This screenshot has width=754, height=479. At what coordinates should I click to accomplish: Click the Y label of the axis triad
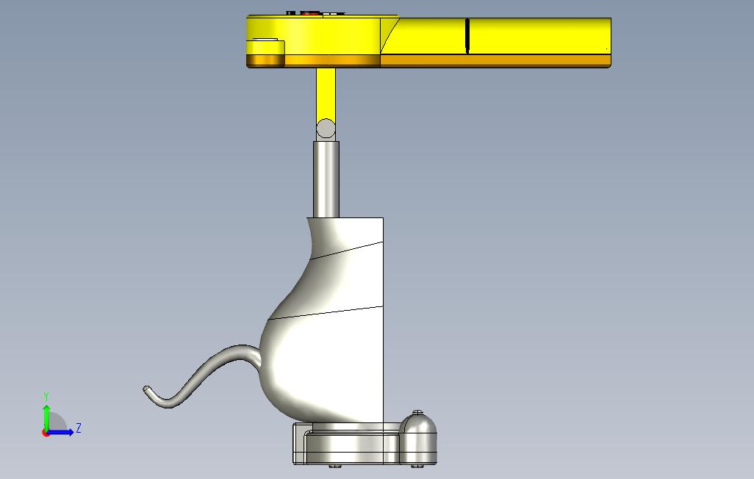46,396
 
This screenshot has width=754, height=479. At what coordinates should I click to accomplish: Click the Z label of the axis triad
79,428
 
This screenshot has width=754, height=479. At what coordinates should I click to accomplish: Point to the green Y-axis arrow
46,418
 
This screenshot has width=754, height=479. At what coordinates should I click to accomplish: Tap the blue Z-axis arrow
60,433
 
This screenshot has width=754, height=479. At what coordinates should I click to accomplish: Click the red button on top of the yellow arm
310,13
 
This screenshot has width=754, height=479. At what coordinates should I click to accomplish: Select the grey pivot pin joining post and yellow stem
326,129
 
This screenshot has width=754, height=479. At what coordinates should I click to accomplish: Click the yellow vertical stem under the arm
326,94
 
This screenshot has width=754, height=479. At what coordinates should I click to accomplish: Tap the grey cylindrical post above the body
326,179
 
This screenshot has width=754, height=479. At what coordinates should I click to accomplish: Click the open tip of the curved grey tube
146,389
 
